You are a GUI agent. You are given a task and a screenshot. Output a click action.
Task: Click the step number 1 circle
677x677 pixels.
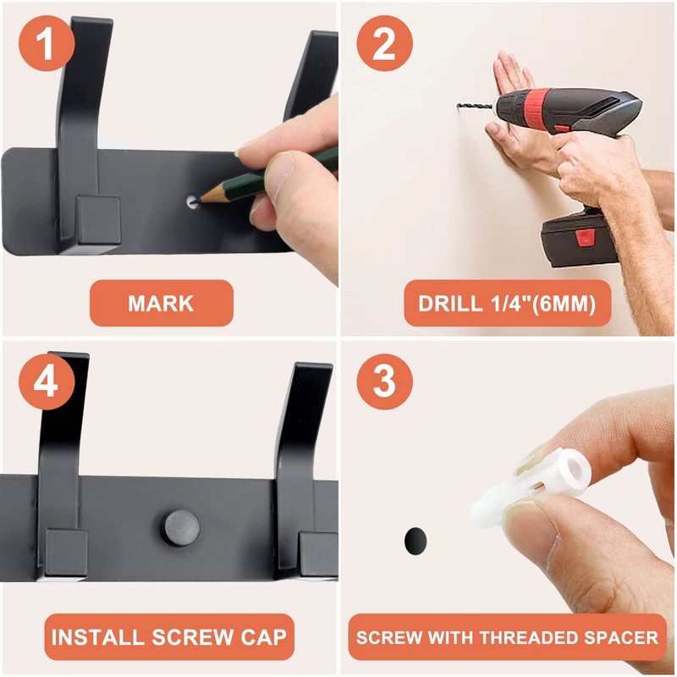[47, 43]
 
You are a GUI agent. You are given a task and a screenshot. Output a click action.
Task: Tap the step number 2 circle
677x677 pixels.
[384, 43]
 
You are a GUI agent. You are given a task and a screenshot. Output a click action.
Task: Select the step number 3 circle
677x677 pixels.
[384, 382]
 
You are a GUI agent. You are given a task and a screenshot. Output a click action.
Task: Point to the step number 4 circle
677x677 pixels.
[47, 382]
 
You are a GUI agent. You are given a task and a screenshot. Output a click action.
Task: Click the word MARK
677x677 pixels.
[161, 304]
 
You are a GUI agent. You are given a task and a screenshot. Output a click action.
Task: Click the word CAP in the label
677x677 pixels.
[263, 637]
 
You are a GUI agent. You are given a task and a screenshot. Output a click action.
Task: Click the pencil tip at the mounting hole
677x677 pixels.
[200, 201]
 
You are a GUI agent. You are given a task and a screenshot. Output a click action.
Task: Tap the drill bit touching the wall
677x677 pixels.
[475, 106]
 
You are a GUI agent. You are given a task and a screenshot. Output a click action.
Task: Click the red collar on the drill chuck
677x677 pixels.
[537, 107]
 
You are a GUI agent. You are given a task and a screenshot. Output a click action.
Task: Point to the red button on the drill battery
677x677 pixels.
[585, 238]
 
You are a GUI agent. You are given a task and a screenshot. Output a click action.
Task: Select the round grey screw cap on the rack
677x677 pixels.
[182, 527]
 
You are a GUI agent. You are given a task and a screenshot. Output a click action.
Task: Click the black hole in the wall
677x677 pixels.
[416, 541]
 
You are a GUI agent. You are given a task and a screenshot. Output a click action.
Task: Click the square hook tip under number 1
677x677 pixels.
[98, 223]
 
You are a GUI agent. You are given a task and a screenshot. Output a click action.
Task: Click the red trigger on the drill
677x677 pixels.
[562, 129]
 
